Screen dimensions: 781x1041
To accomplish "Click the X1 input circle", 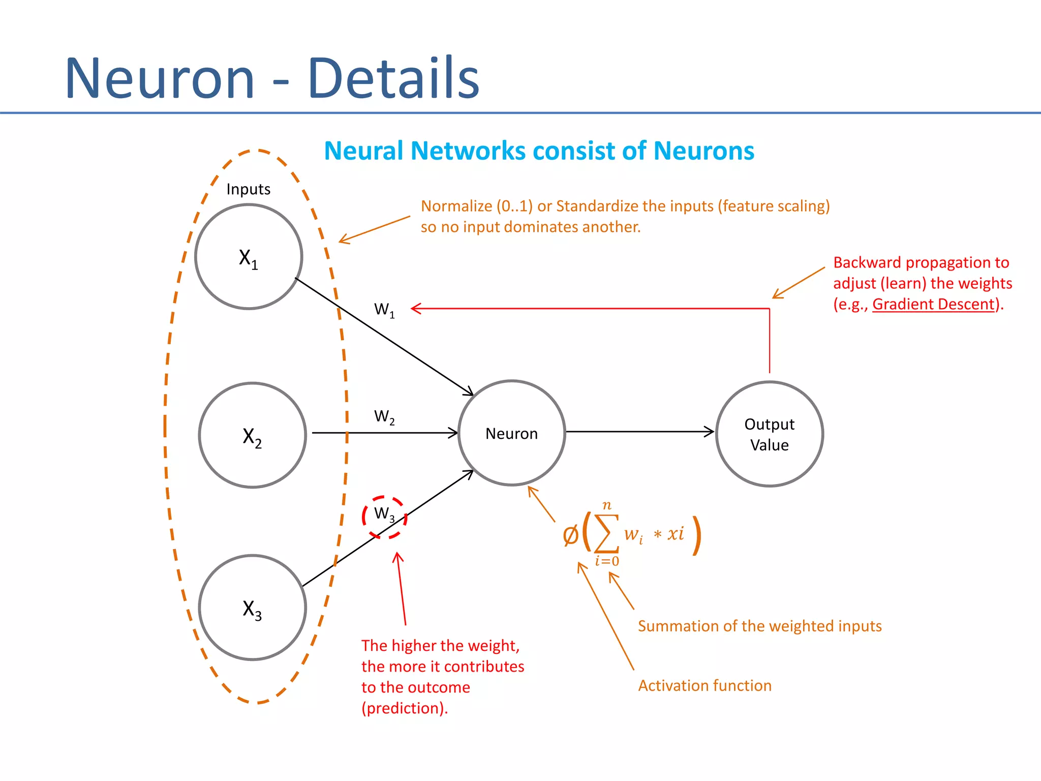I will click(x=249, y=257).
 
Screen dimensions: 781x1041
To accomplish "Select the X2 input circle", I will click(x=252, y=435).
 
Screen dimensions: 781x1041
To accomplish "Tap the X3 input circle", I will click(x=252, y=608).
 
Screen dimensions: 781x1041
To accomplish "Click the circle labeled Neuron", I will click(x=511, y=433).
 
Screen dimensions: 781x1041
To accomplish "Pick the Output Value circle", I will click(x=769, y=434).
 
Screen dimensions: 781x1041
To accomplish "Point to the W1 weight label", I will click(x=384, y=310).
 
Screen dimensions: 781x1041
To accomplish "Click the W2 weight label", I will click(x=384, y=416).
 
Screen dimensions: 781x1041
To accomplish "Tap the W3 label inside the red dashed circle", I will click(x=384, y=514).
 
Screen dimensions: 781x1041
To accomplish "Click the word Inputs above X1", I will click(x=248, y=189).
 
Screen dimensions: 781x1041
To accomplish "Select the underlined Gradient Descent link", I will click(x=933, y=304).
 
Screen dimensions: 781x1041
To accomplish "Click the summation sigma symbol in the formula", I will click(x=606, y=533).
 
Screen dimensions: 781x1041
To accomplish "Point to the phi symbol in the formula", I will click(x=570, y=535).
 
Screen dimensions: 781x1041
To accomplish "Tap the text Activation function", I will click(x=705, y=685).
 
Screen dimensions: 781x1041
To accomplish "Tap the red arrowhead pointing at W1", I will click(x=415, y=309).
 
